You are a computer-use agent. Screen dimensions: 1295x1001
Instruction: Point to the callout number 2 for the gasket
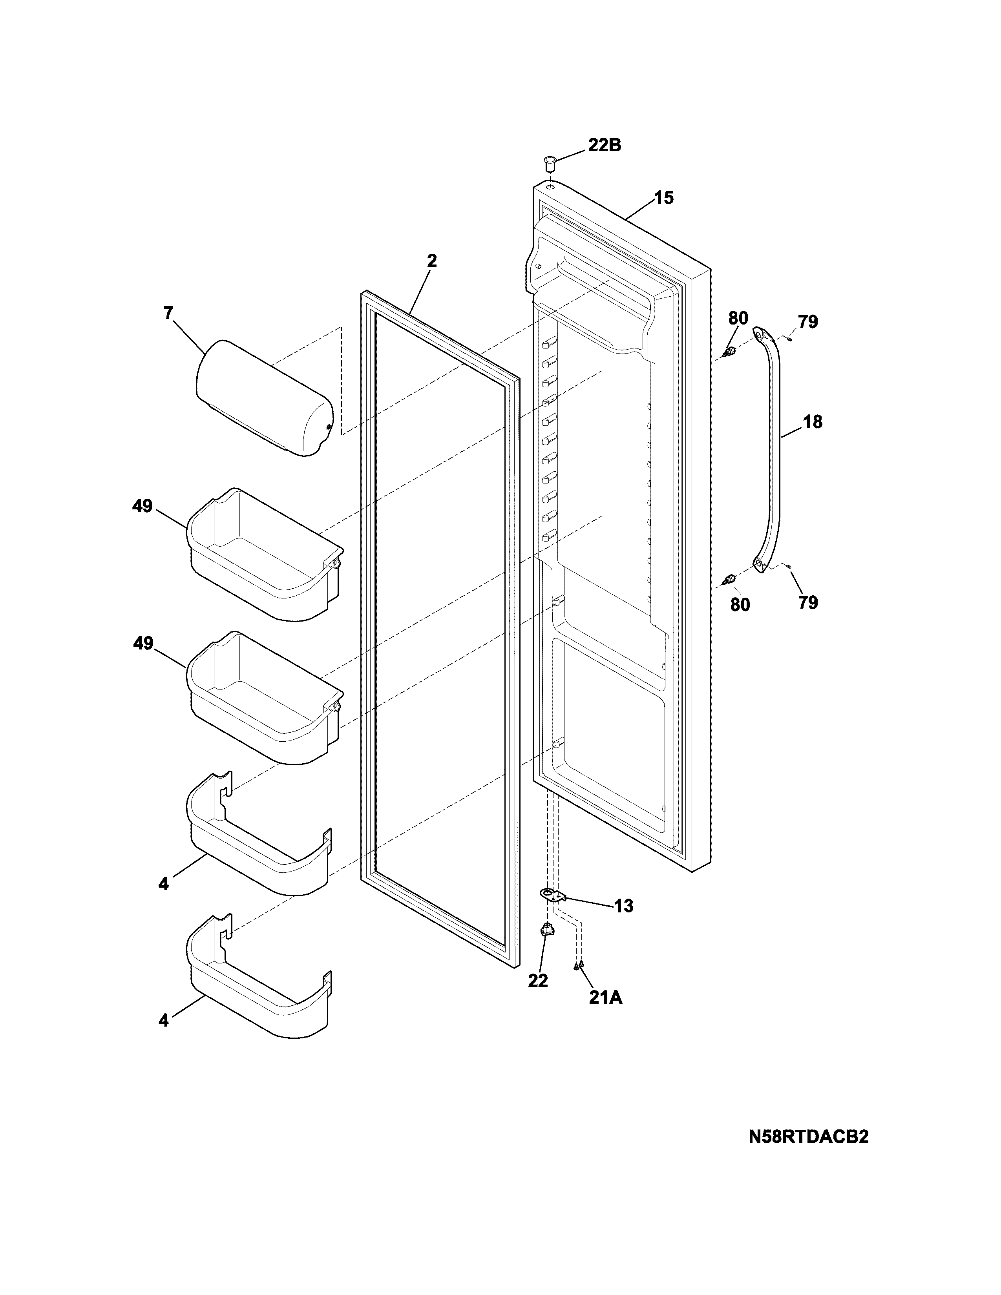point(432,261)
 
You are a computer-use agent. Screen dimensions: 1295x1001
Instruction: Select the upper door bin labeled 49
point(264,554)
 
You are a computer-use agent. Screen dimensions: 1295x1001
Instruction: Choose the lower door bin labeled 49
point(264,697)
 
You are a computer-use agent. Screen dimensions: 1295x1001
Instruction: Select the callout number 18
point(813,422)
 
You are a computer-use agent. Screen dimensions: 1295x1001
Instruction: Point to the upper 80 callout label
point(738,318)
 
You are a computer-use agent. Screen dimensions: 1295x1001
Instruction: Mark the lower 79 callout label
point(808,603)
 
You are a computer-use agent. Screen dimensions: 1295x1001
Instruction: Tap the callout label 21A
point(605,998)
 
